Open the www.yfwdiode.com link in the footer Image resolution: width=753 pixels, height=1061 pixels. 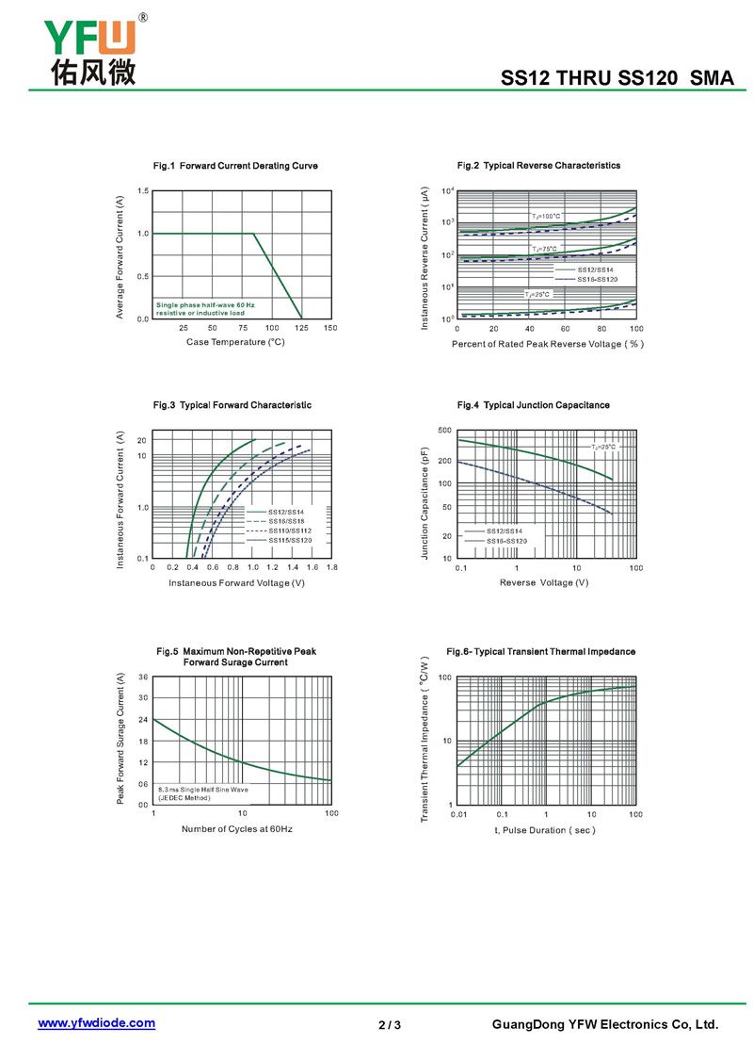tap(96, 1023)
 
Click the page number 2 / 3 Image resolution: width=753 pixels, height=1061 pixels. tap(390, 1025)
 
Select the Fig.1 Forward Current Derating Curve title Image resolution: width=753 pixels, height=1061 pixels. tap(235, 166)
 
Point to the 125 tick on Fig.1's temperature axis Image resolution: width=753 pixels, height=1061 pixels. tap(301, 328)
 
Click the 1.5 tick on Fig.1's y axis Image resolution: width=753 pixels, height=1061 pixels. tap(142, 191)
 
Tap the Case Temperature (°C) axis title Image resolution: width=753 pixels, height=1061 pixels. tap(235, 342)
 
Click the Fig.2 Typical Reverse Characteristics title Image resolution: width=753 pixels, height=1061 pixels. tap(538, 166)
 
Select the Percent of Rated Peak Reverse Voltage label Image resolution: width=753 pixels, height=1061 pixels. tap(547, 344)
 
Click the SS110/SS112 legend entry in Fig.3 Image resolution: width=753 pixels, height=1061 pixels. tap(289, 531)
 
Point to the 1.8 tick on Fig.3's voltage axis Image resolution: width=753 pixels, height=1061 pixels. tap(331, 568)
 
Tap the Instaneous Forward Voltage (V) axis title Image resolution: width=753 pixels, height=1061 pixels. tap(236, 583)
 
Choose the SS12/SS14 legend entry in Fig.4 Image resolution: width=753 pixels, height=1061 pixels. tap(505, 531)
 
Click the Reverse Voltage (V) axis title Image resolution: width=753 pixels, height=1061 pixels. tap(544, 583)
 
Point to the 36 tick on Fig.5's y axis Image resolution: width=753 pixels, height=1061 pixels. tap(143, 677)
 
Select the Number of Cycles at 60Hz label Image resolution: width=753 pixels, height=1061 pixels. tap(236, 829)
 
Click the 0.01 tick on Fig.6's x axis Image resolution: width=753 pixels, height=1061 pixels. tap(458, 814)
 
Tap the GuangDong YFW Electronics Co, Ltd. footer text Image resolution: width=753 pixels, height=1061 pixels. tap(605, 1025)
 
